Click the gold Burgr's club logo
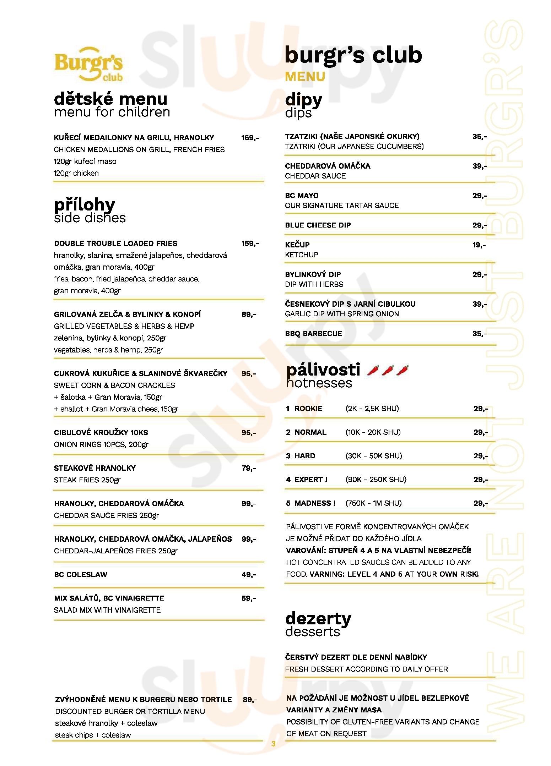88,65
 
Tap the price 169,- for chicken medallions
250,138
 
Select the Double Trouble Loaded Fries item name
115,244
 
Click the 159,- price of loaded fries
250,244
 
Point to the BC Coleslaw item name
81,574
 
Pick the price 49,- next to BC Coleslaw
249,574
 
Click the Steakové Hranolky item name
95,468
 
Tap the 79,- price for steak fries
249,468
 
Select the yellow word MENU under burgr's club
305,77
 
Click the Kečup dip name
297,245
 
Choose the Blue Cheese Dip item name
318,225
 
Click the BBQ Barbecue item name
313,333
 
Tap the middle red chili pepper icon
388,370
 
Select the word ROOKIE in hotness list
308,409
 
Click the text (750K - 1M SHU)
373,503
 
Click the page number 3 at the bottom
273,744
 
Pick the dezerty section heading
318,618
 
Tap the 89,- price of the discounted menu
250,699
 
